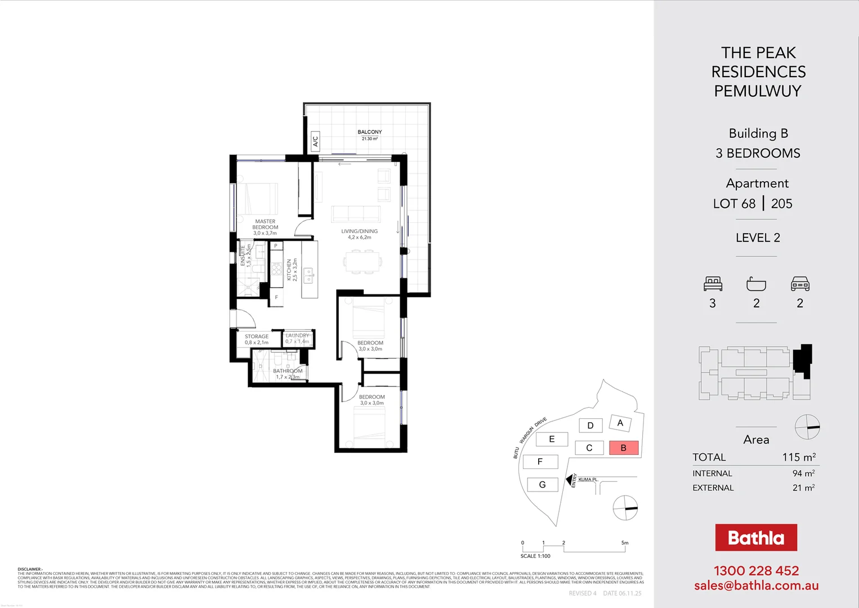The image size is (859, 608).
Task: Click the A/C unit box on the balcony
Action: (x=315, y=141)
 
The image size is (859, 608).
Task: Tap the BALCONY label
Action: (x=369, y=132)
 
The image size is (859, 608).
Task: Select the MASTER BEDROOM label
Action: (x=265, y=225)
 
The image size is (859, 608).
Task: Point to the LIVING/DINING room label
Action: (x=359, y=231)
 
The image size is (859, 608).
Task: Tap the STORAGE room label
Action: (x=257, y=337)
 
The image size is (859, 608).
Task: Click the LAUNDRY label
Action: (x=297, y=336)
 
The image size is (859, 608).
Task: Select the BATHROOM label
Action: (x=288, y=371)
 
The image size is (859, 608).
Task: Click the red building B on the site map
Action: (x=623, y=448)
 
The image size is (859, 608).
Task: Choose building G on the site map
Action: (x=542, y=485)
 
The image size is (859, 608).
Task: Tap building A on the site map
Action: (x=620, y=423)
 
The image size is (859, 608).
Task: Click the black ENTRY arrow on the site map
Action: (x=569, y=479)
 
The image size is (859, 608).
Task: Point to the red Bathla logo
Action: (x=755, y=538)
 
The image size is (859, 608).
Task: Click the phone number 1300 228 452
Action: (x=756, y=571)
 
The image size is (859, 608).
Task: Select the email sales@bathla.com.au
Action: (x=756, y=585)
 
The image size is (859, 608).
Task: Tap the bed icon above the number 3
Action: (x=713, y=284)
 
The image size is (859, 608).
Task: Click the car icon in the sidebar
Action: (x=800, y=284)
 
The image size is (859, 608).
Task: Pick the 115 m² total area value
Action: (x=798, y=457)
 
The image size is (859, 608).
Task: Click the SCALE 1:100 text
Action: (x=535, y=556)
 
